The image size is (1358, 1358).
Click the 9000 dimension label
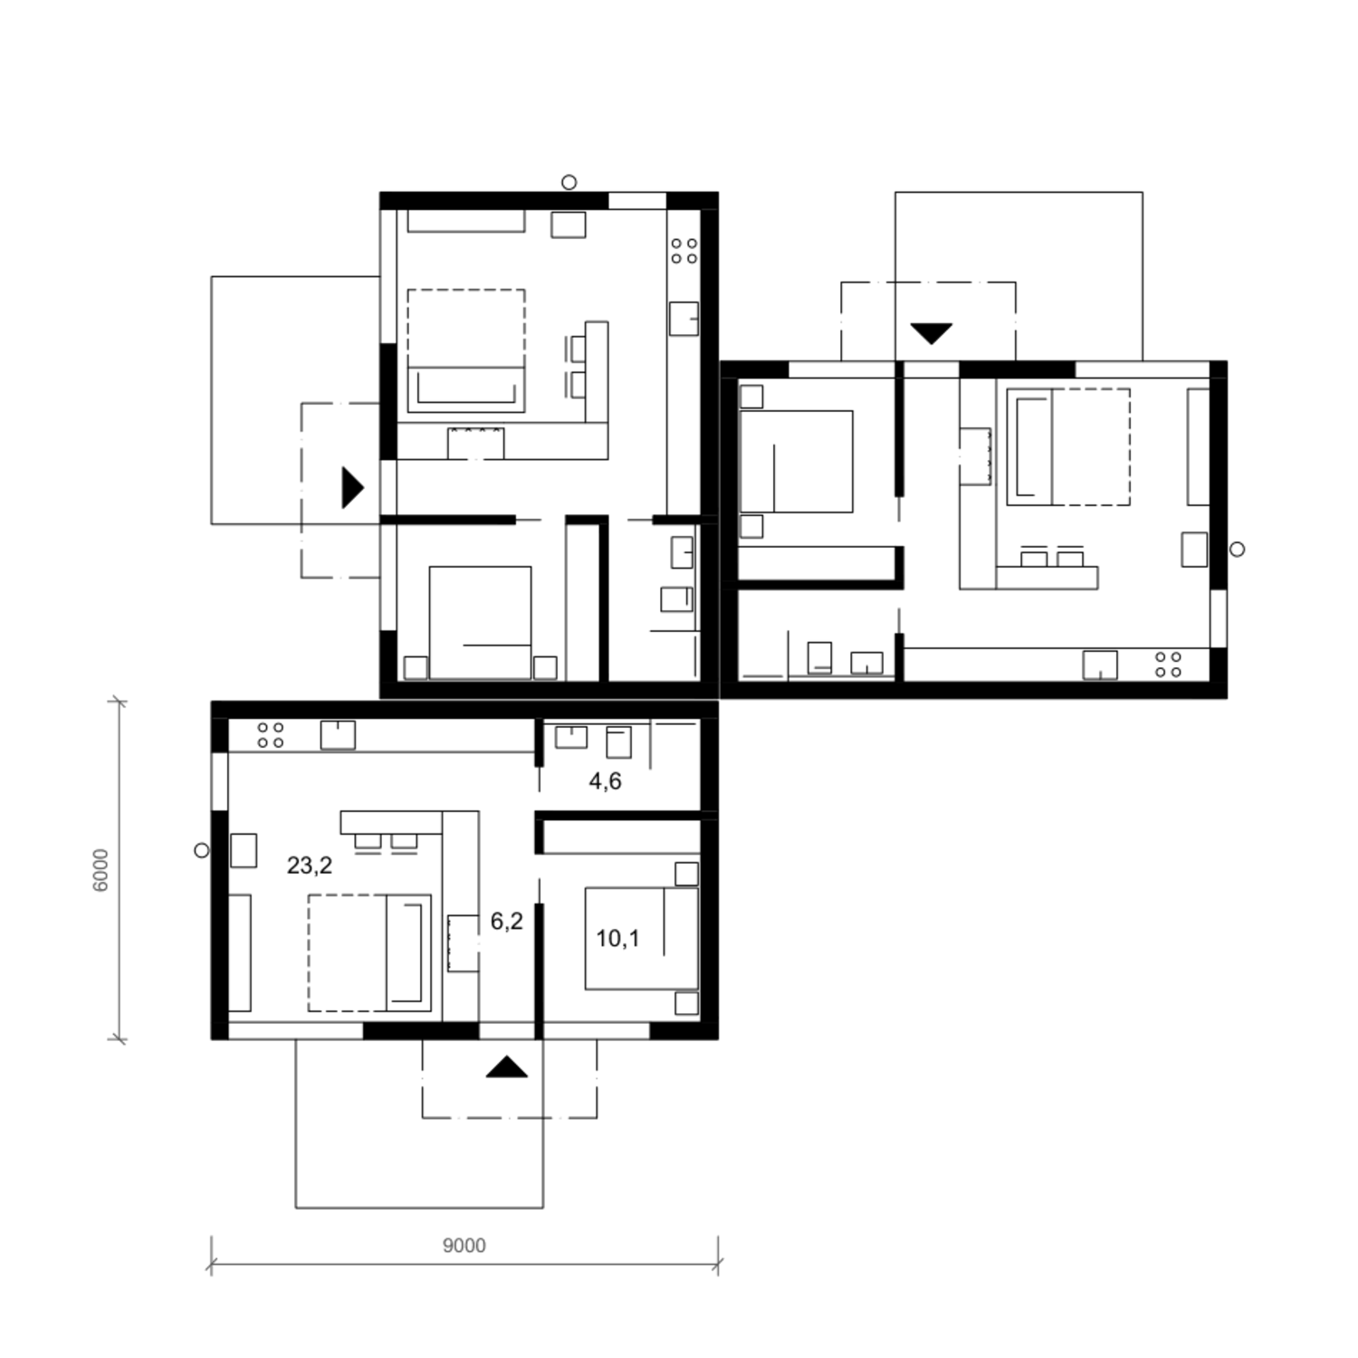[x=464, y=1246]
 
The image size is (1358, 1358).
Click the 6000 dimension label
[x=100, y=870]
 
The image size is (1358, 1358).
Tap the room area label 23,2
[x=310, y=865]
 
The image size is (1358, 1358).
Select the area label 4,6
[x=605, y=781]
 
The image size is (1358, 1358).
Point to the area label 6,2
[x=507, y=922]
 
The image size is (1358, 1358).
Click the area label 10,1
[x=617, y=939]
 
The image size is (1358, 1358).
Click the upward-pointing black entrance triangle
[x=506, y=1067]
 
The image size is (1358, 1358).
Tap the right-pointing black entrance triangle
[x=352, y=487]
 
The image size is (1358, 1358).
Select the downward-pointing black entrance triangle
[x=931, y=334]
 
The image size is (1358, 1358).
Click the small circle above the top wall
[x=569, y=182]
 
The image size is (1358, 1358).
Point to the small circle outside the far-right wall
[x=1238, y=549]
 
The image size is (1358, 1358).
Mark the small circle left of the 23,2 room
[x=202, y=850]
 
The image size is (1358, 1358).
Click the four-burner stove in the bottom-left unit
[x=271, y=735]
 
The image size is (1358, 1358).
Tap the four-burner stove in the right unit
[x=1168, y=665]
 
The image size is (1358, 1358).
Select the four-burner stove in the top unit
[x=684, y=251]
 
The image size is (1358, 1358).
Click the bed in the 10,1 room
[x=642, y=938]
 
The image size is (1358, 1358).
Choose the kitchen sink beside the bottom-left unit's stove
[x=338, y=735]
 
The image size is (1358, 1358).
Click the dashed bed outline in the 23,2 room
[x=369, y=952]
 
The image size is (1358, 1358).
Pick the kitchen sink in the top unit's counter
[x=684, y=319]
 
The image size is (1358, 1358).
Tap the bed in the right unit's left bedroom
[x=796, y=461]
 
